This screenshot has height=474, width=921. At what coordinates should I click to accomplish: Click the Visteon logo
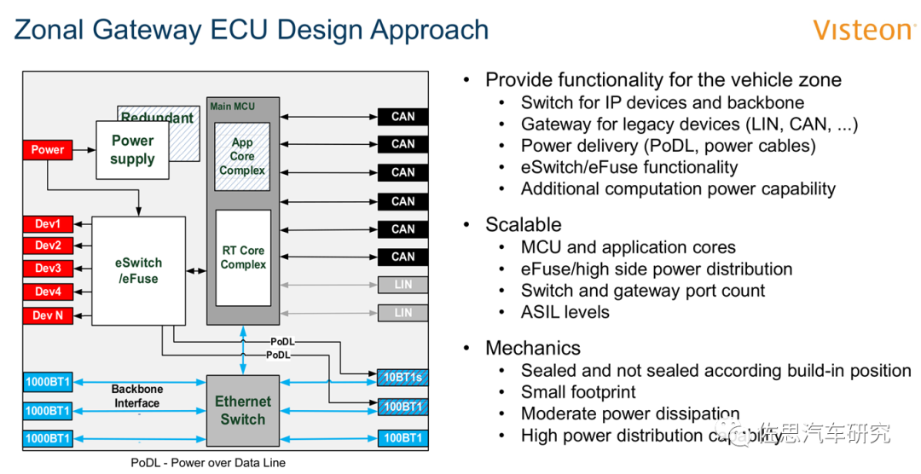tap(863, 30)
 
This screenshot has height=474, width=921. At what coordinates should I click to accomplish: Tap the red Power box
tap(48, 150)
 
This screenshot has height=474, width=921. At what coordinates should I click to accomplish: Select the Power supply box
tap(132, 150)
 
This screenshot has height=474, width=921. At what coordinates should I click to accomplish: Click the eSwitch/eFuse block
tap(138, 270)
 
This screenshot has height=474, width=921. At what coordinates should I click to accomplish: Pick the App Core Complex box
tap(242, 156)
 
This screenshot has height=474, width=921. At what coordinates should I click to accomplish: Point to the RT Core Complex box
tap(243, 257)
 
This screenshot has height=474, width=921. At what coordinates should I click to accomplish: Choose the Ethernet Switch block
tap(243, 410)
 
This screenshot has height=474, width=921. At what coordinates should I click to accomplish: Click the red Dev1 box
tap(48, 224)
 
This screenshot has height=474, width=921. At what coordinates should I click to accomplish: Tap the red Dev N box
tap(48, 316)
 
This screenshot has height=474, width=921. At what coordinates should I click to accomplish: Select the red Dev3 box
tap(48, 269)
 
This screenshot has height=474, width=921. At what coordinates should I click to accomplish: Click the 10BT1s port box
tap(403, 377)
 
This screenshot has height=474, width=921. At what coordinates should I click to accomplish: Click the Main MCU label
tap(232, 107)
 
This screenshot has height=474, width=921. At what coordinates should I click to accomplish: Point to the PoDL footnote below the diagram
tap(208, 463)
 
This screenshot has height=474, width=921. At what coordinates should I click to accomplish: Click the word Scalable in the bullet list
tap(523, 225)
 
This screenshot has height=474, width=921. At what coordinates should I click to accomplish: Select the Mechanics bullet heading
tap(532, 348)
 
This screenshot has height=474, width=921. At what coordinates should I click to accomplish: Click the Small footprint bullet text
tap(578, 392)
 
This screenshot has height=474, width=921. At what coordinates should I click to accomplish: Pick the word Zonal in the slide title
tap(49, 30)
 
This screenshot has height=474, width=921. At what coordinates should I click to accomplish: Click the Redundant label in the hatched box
tap(157, 118)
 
